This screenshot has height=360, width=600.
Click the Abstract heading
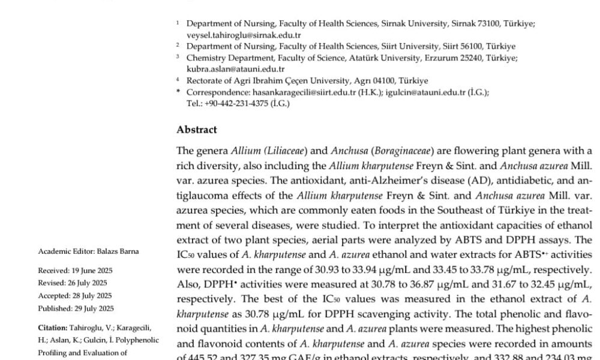coord(197,130)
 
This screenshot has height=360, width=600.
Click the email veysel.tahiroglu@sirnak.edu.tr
coord(236,35)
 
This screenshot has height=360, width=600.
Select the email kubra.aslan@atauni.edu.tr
coord(227,69)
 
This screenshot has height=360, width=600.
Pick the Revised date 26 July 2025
coord(85,283)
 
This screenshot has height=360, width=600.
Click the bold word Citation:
coord(53,328)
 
